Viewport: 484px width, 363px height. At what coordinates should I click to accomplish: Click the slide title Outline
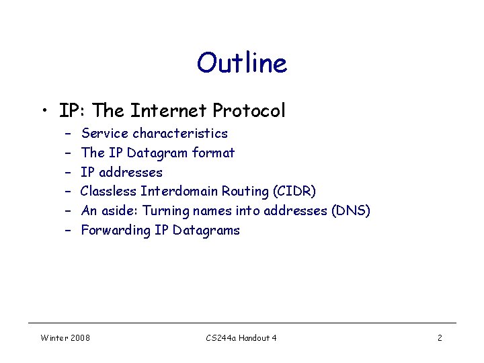point(242,63)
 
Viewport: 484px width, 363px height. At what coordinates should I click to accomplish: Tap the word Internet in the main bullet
point(170,110)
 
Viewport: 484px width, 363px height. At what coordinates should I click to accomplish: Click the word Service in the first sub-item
point(104,133)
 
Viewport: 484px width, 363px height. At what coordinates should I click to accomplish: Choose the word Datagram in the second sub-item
point(157,153)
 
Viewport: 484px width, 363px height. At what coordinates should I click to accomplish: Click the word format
point(213,153)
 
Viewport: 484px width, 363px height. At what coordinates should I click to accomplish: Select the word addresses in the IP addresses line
point(131,172)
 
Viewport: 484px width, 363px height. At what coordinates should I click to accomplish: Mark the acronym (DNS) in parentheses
point(351,211)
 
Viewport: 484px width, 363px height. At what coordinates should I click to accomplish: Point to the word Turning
point(166,211)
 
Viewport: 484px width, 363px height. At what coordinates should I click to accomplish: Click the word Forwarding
point(113,231)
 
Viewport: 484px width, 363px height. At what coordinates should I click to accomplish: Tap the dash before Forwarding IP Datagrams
point(68,231)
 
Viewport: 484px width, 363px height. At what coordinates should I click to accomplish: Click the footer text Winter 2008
point(65,337)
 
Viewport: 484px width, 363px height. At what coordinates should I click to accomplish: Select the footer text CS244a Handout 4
point(241,337)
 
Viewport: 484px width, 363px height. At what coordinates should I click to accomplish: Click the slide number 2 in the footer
point(440,337)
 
